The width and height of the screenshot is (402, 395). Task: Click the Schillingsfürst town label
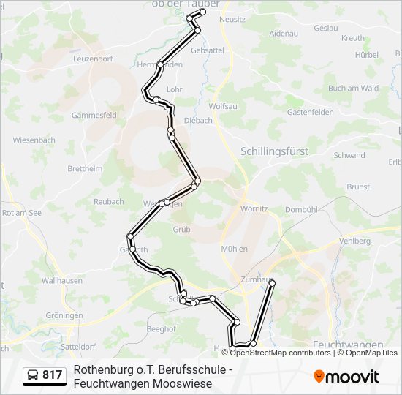(274, 151)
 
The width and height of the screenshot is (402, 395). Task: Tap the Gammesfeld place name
(94, 115)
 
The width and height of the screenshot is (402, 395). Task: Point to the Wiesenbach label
(34, 140)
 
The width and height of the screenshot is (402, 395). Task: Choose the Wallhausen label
(61, 280)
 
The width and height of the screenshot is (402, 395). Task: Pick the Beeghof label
(161, 329)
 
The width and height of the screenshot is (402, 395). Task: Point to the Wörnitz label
(254, 208)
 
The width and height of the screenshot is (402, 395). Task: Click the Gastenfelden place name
(310, 112)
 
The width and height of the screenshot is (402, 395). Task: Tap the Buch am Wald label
(353, 88)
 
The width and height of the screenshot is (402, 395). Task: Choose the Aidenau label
(284, 34)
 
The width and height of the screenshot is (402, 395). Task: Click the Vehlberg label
(355, 240)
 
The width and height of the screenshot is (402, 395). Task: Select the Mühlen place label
(234, 249)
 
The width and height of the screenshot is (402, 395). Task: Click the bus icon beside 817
(33, 375)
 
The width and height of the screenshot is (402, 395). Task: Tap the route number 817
(53, 375)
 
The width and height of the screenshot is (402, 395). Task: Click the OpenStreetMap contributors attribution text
(270, 353)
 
